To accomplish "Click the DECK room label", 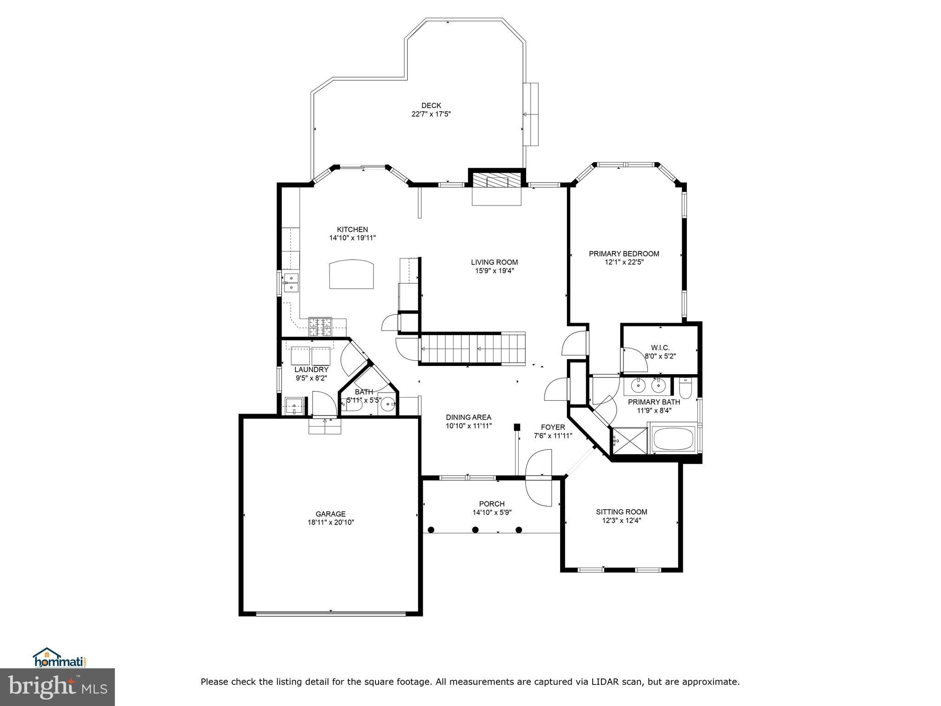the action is pos(431,106).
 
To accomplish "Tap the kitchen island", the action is pos(351,274).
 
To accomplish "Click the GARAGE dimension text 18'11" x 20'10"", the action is pos(331,522).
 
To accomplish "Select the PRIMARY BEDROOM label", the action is pos(624,254).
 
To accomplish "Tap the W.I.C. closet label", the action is pos(660,347).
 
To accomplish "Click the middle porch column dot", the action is pos(476,530).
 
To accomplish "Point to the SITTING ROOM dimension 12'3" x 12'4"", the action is pos(622,521).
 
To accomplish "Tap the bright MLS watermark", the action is pos(57,687).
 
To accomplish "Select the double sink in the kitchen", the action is pos(291,282).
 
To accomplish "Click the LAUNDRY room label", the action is pos(312,370).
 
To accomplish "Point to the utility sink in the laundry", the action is pos(295,406).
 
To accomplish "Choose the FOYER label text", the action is pos(553,427).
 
